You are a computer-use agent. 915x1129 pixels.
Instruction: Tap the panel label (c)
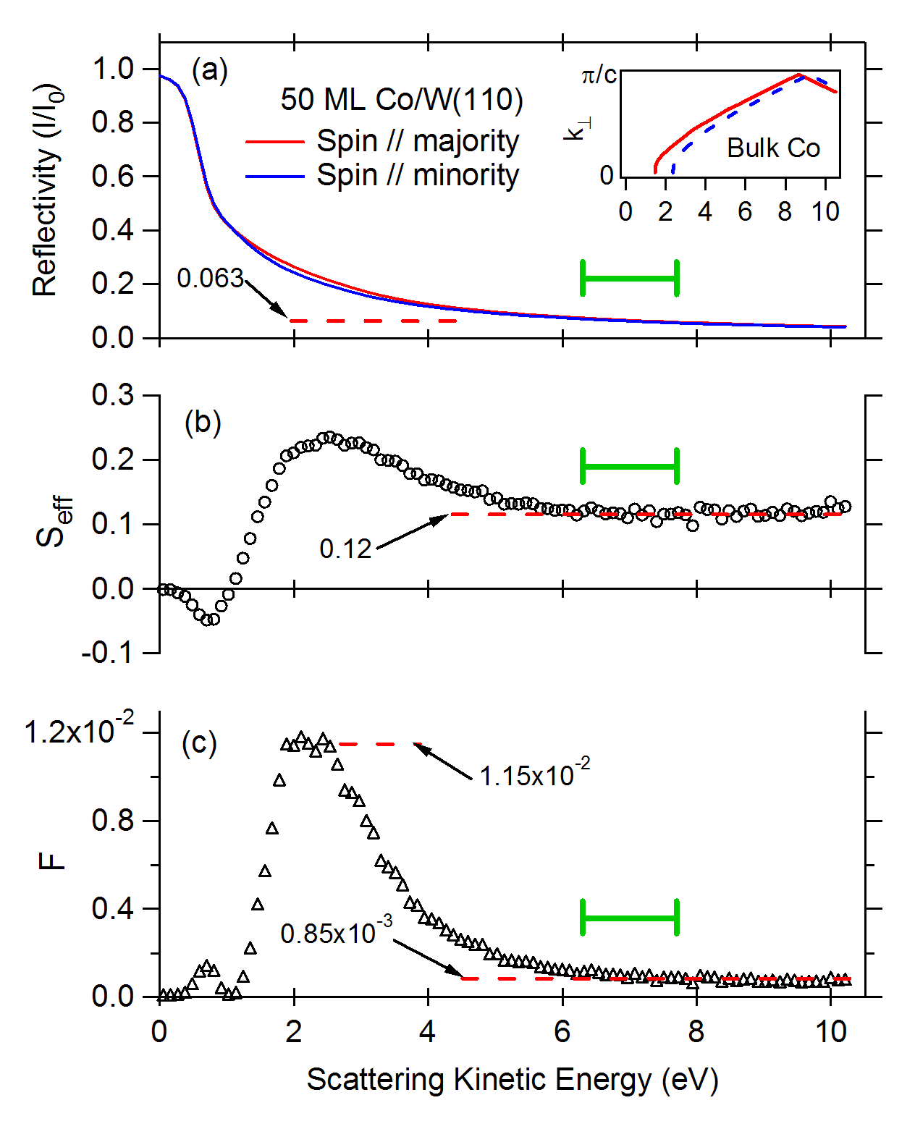(199, 743)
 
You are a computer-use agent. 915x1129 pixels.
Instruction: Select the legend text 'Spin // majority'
(418, 142)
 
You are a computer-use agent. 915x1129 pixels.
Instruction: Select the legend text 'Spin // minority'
(418, 175)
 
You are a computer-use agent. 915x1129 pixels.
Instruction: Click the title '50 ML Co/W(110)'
(402, 100)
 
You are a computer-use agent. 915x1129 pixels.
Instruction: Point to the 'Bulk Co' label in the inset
(773, 148)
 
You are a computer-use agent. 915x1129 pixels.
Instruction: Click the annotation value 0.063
(210, 279)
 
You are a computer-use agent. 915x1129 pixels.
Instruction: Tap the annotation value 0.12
(345, 549)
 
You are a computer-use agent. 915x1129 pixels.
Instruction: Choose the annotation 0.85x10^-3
(337, 931)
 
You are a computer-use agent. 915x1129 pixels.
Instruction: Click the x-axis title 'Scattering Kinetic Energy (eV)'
(512, 1079)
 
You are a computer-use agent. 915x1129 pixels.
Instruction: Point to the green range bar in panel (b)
(630, 466)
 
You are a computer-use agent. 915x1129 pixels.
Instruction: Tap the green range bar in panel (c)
(630, 918)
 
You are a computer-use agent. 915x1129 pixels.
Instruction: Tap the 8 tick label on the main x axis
(696, 1032)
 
